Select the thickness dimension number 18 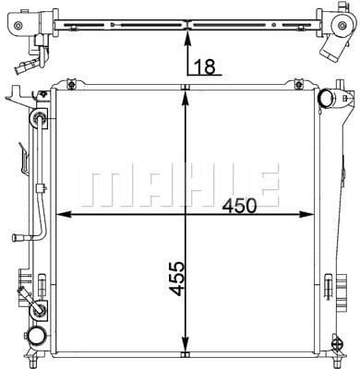click(208, 65)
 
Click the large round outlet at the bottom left click(39, 337)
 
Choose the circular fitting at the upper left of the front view click(39, 118)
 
